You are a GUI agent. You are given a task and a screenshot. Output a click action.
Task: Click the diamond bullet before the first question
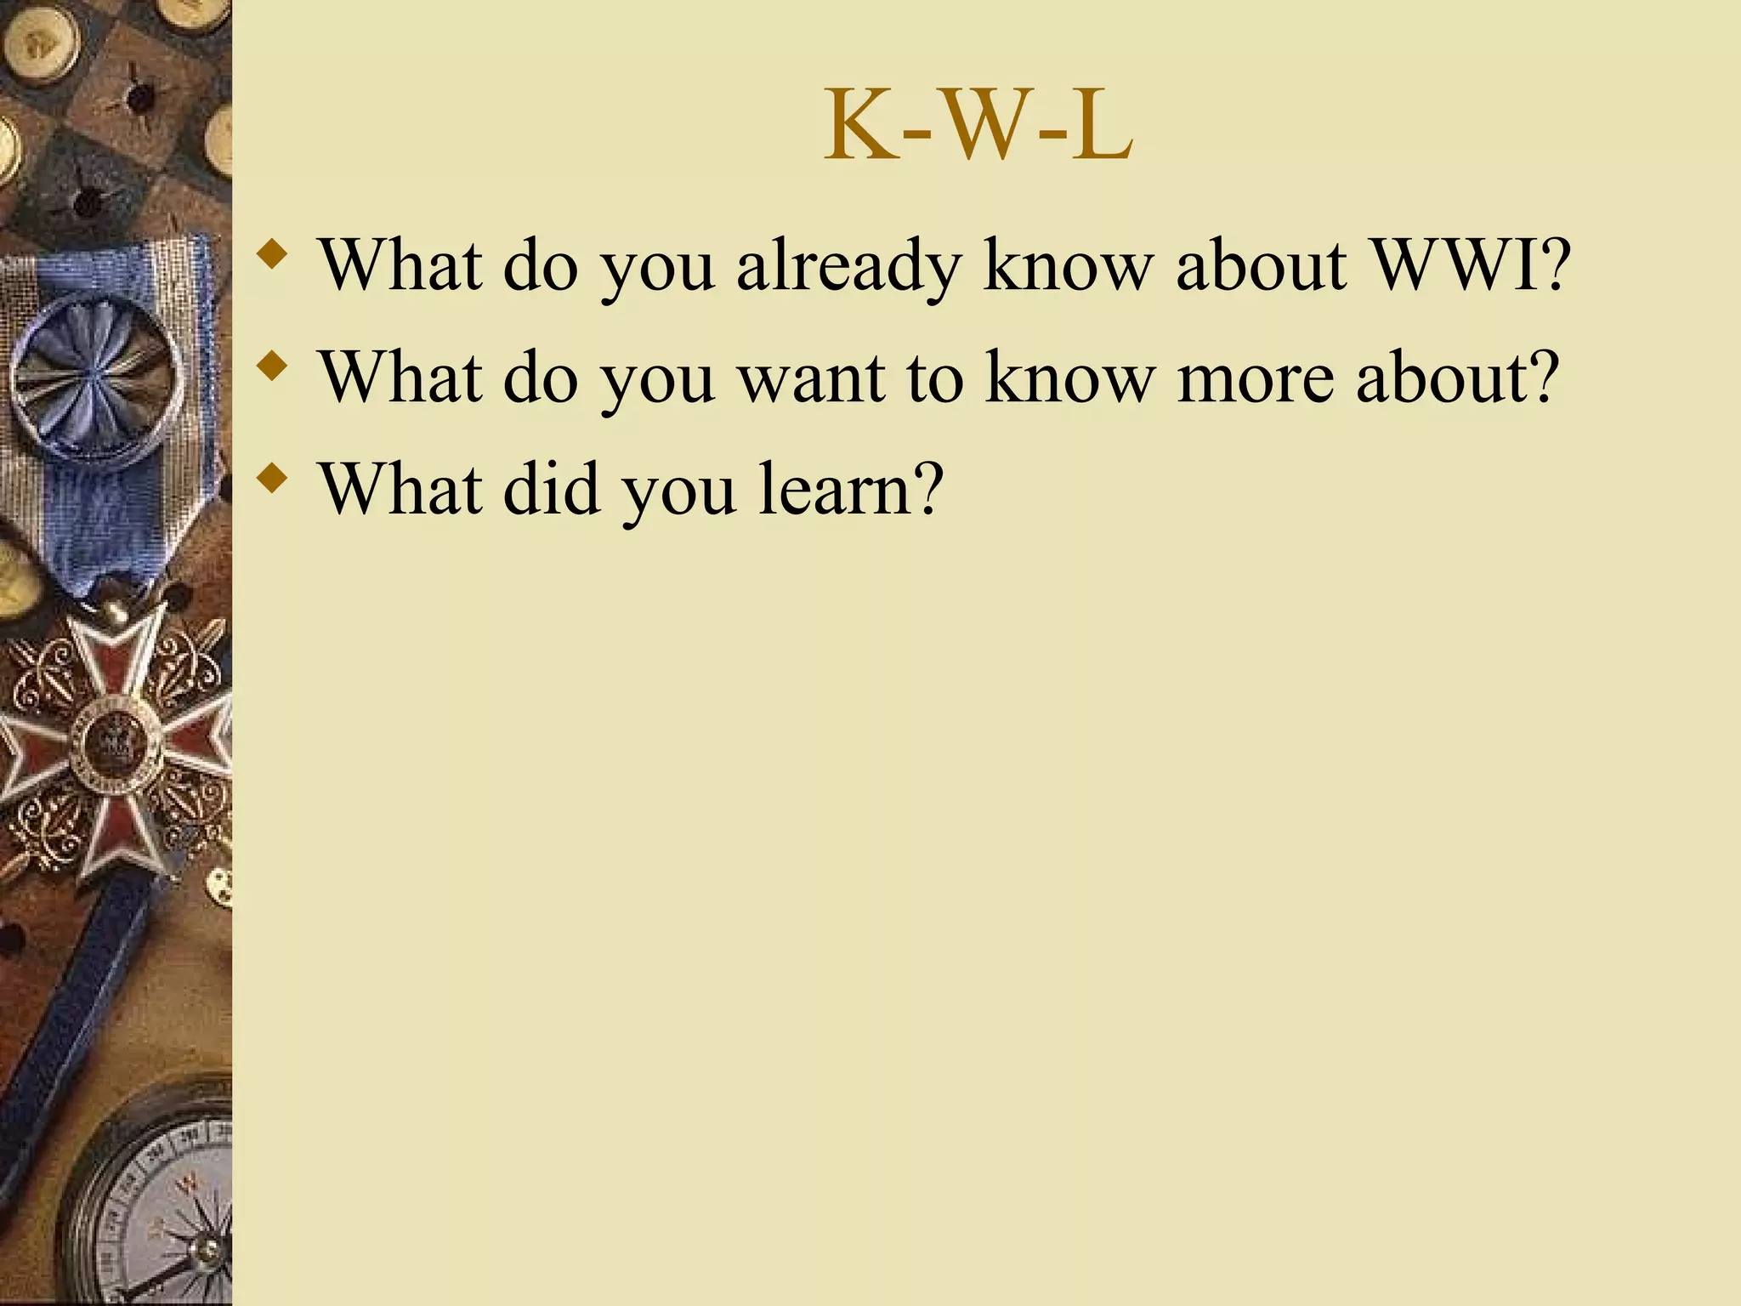271,253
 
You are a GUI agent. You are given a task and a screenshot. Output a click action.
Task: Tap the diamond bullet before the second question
271,366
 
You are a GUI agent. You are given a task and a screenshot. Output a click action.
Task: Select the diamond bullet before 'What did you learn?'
271,478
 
